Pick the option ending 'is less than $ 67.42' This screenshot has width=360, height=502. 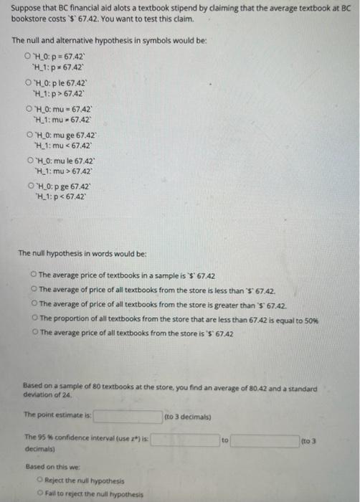(34, 287)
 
